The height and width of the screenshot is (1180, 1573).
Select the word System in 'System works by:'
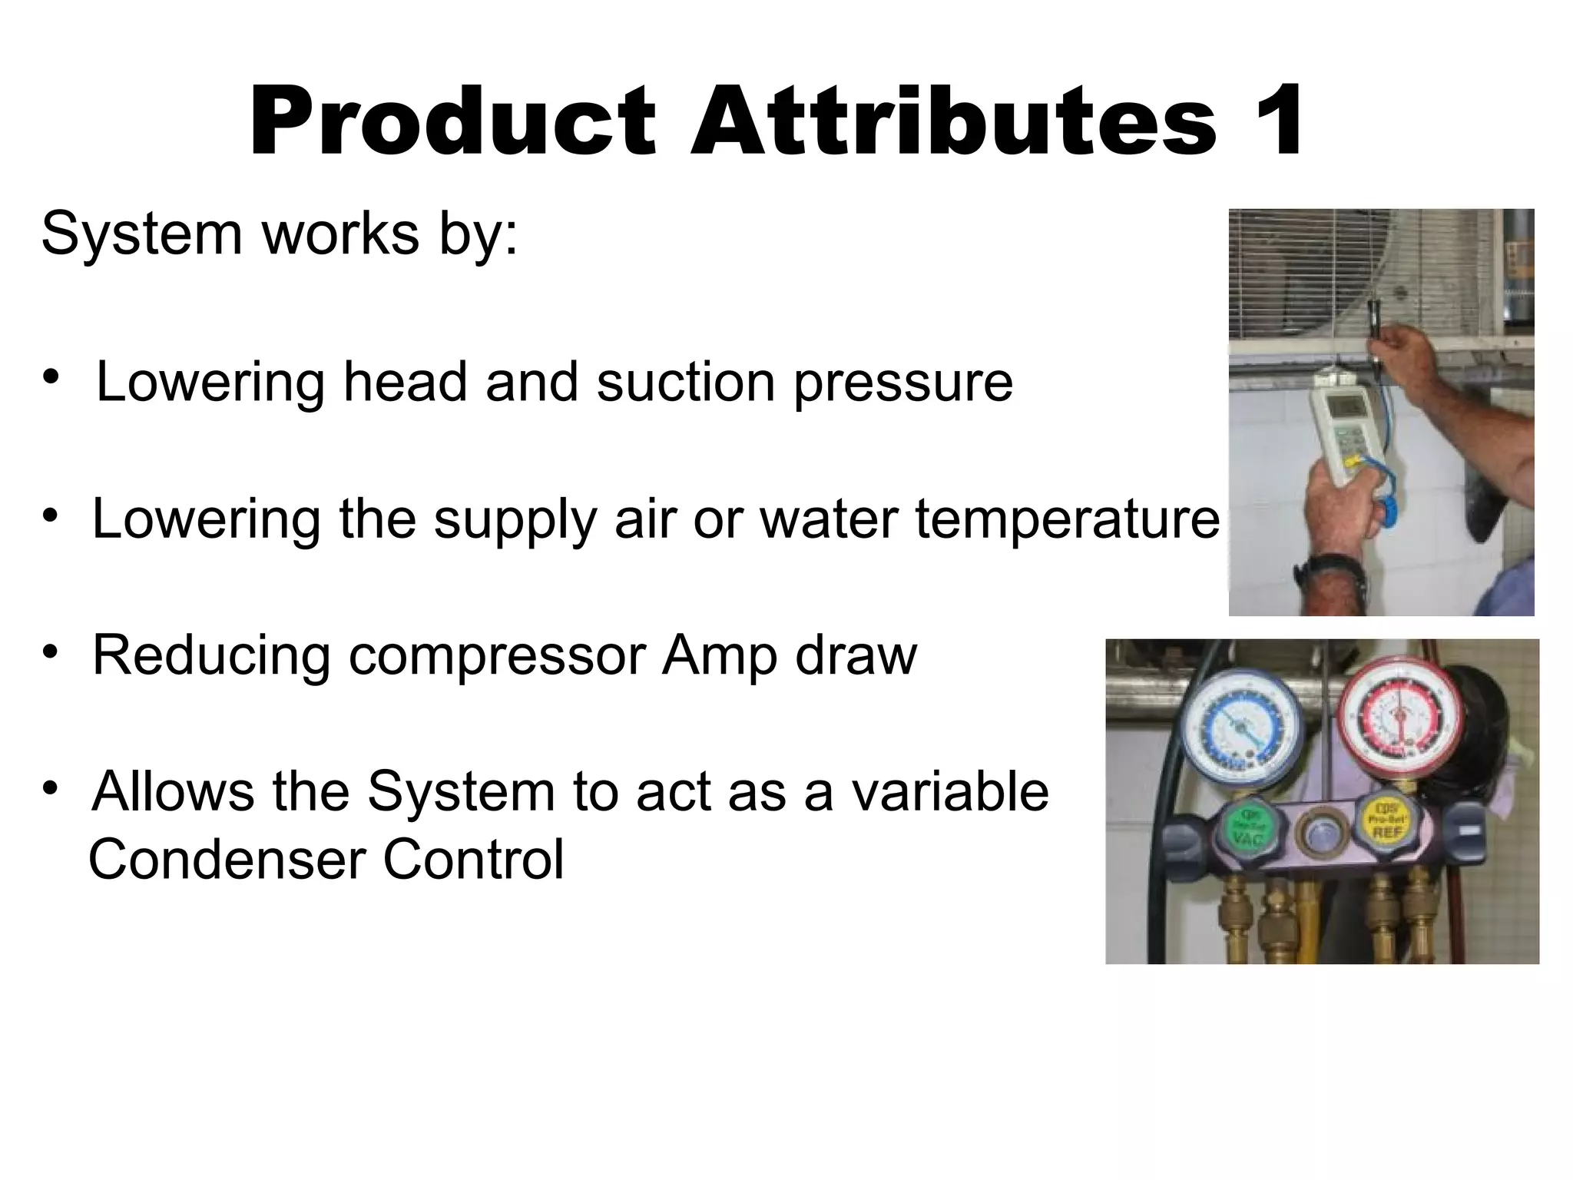(141, 234)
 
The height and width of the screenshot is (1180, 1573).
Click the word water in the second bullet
(828, 520)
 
